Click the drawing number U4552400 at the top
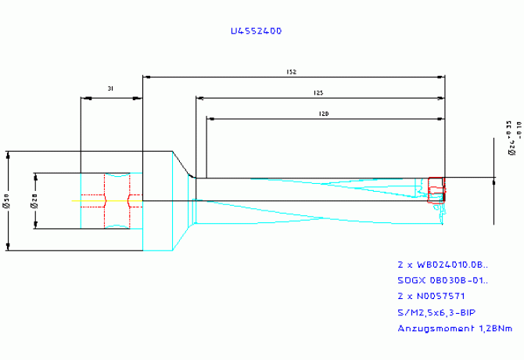click(x=256, y=31)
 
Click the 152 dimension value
click(x=291, y=72)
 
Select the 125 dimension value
click(x=318, y=93)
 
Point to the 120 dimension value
click(x=323, y=114)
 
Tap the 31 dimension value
click(x=111, y=89)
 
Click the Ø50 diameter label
click(x=6, y=201)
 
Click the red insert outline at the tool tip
click(x=436, y=189)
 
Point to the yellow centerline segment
click(x=88, y=201)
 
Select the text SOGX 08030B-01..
click(x=442, y=280)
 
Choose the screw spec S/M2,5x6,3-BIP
click(x=436, y=312)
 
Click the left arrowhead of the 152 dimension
click(x=145, y=77)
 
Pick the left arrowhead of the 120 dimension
click(x=209, y=119)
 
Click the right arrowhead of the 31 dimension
click(x=139, y=98)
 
